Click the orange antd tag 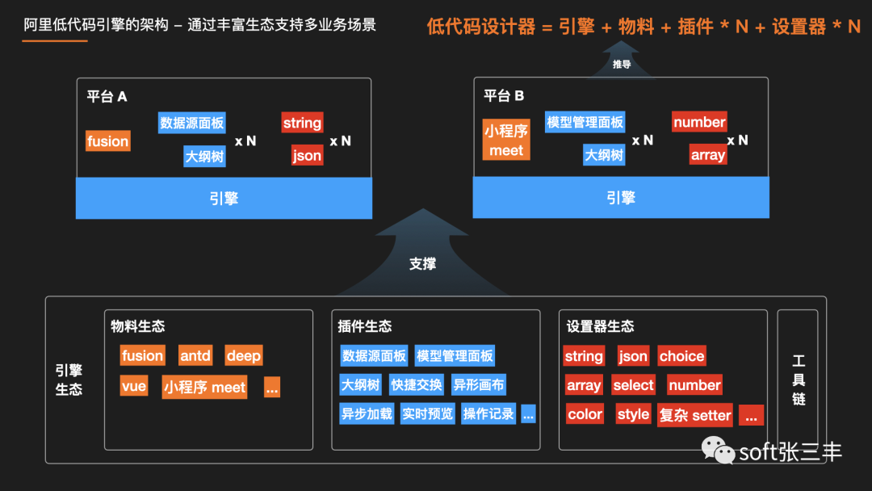tap(195, 356)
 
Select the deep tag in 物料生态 tap(243, 356)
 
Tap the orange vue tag tap(134, 386)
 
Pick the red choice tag tap(681, 356)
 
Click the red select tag tap(633, 385)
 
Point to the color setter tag tap(585, 414)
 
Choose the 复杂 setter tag tap(695, 415)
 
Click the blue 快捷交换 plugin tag tap(416, 385)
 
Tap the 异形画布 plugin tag tap(478, 385)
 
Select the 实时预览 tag tap(427, 414)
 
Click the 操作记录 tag tap(488, 414)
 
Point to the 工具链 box tap(798, 380)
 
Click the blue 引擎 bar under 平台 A tap(224, 199)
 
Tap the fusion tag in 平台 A tap(107, 141)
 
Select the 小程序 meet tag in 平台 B tap(506, 140)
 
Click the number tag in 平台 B tap(699, 122)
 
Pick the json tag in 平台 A tap(307, 156)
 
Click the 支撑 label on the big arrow tap(422, 263)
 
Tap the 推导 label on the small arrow tap(621, 65)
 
